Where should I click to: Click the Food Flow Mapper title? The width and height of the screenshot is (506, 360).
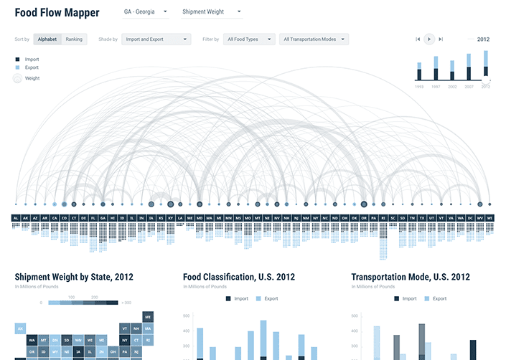tap(57, 13)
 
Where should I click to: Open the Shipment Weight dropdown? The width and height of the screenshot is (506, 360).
tap(211, 12)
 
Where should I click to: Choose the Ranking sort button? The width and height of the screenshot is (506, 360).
tap(74, 39)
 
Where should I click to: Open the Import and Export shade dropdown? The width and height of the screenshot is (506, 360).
tap(156, 39)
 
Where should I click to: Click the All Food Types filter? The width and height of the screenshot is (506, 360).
tap(249, 39)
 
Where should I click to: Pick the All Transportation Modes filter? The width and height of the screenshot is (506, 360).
tap(314, 39)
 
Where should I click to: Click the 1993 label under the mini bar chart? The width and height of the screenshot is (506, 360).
tap(419, 86)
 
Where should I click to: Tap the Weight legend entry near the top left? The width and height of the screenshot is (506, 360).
tap(32, 78)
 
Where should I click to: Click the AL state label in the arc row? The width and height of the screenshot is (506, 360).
tap(15, 217)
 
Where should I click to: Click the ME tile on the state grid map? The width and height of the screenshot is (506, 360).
tap(148, 316)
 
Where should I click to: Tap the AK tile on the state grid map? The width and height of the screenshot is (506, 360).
tap(21, 328)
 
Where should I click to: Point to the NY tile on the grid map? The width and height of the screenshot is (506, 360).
tap(125, 341)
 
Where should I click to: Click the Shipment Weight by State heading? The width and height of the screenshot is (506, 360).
tap(73, 277)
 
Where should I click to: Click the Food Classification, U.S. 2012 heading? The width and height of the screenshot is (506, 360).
tap(239, 277)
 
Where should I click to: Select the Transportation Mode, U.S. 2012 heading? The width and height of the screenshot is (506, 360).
tap(411, 277)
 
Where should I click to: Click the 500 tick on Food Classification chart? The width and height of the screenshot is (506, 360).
tap(186, 316)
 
